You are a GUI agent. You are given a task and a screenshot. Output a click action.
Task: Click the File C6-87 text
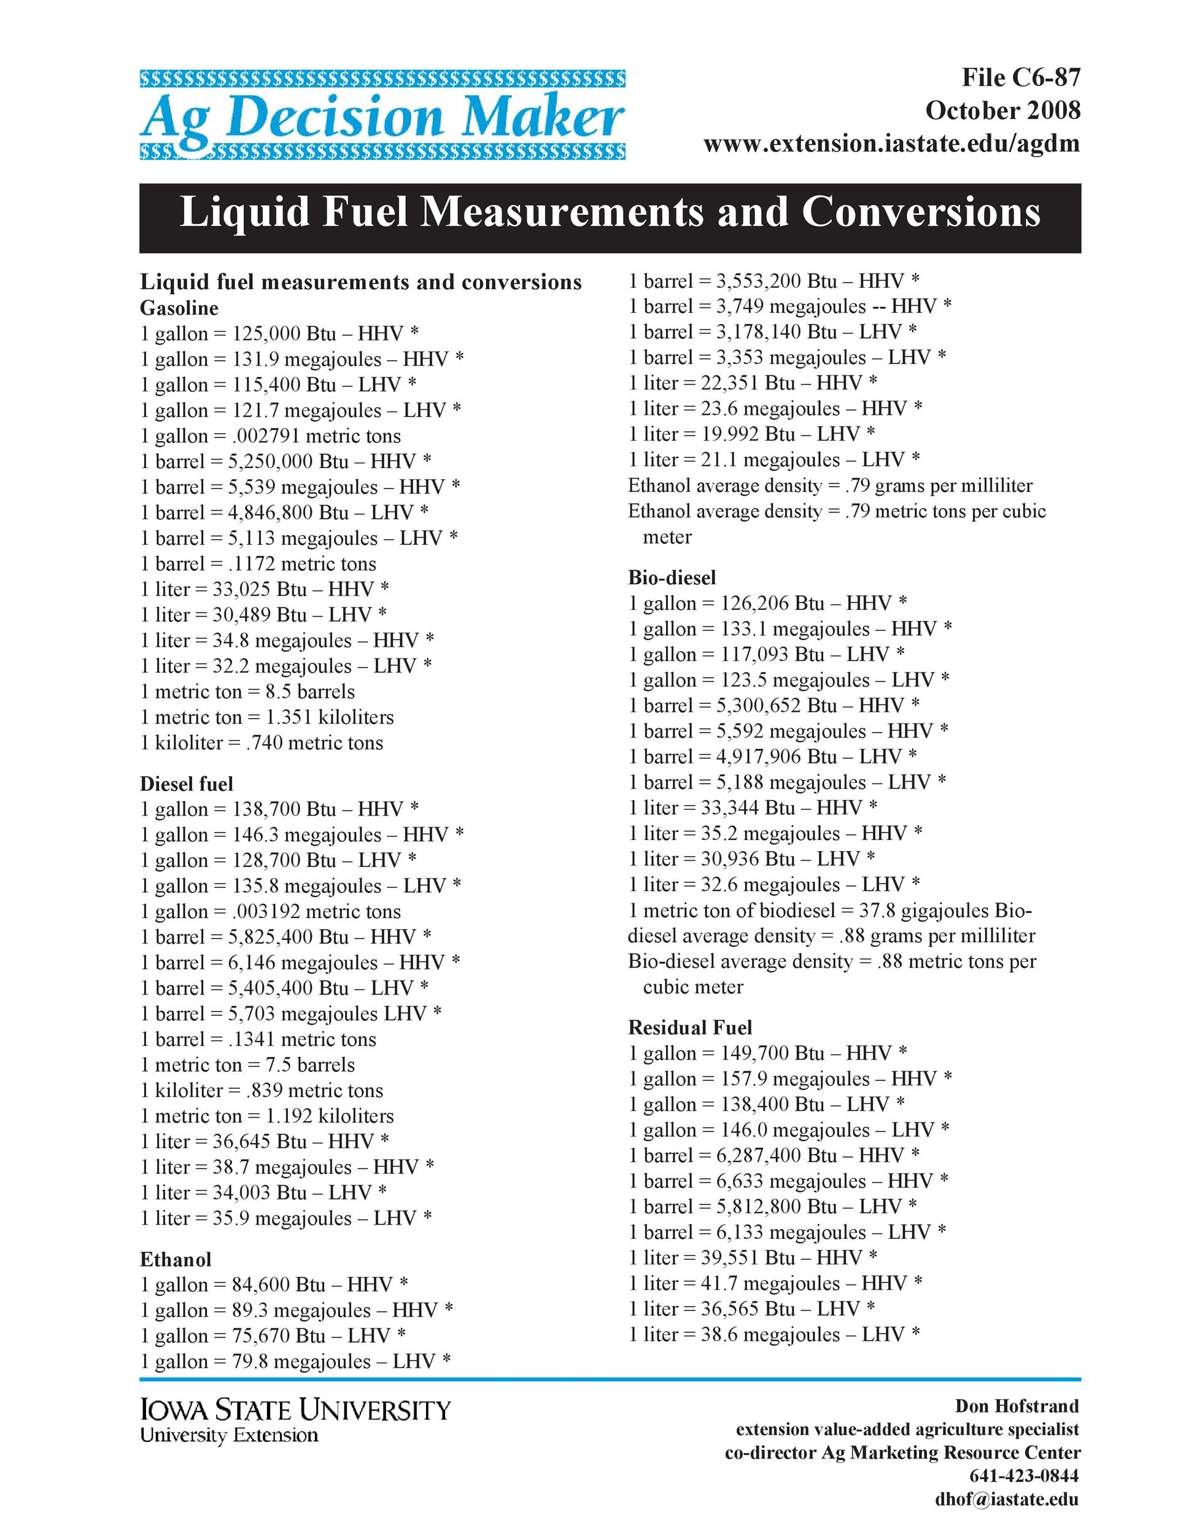click(x=1020, y=77)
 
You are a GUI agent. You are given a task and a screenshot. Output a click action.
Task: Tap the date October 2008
click(x=1002, y=110)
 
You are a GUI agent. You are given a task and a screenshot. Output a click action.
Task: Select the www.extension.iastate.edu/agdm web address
click(x=891, y=144)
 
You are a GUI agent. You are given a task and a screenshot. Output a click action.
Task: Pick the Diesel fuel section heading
click(x=186, y=784)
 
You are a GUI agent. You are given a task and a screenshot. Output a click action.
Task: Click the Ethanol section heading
click(x=176, y=1259)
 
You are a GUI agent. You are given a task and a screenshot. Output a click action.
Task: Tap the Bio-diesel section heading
click(x=672, y=577)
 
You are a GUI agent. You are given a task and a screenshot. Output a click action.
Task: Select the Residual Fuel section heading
click(x=689, y=1028)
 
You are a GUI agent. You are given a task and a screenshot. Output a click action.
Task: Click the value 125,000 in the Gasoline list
click(x=266, y=334)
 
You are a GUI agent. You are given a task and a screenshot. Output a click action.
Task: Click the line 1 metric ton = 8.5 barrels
click(x=247, y=692)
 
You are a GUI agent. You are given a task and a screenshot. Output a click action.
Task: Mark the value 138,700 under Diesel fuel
click(x=266, y=809)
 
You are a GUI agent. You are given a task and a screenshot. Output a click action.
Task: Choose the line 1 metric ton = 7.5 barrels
click(x=247, y=1065)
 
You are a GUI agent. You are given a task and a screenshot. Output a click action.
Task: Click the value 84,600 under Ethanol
click(x=258, y=1285)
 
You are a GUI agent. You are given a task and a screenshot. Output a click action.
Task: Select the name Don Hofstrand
click(x=1016, y=1406)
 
